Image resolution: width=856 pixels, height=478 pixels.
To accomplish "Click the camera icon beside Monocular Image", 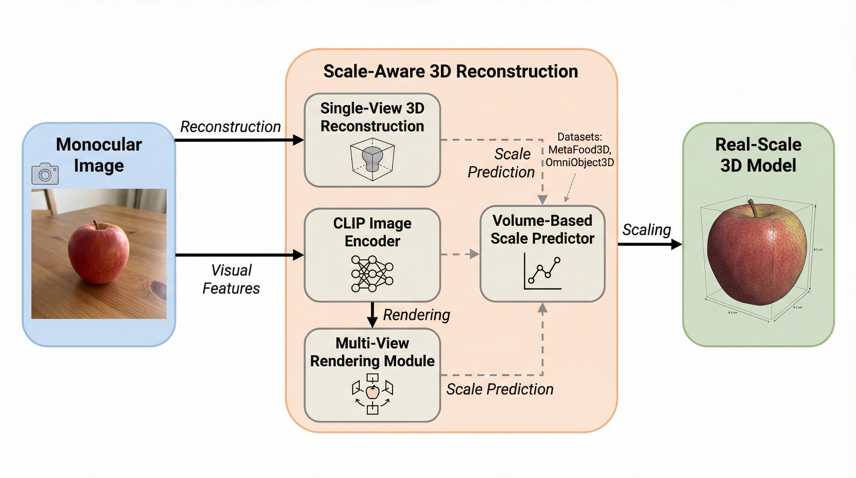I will [x=45, y=174].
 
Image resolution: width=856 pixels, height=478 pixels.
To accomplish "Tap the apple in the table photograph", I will [x=99, y=253].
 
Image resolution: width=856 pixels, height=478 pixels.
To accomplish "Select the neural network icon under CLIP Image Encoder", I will [x=372, y=274].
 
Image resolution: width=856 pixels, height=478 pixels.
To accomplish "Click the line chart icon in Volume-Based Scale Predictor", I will [x=543, y=271].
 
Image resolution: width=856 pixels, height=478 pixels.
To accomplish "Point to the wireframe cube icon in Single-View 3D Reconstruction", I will [x=372, y=160].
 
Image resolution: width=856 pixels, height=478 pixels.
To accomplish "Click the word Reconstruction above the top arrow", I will [x=230, y=127].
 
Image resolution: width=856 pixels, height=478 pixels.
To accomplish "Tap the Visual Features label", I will [x=231, y=279].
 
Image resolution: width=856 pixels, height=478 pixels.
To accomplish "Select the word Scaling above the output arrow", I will [x=647, y=230].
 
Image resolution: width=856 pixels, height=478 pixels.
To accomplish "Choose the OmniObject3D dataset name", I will [x=579, y=162].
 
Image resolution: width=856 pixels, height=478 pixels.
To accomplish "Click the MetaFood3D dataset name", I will [x=579, y=150].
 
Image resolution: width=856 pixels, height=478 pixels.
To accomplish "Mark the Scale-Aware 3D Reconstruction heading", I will [x=451, y=72].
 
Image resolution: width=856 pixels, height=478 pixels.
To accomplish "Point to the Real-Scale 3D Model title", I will [x=758, y=155].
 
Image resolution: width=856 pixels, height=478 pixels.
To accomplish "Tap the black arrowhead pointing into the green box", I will [x=677, y=245].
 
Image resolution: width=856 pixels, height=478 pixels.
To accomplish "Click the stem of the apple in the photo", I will [x=96, y=224].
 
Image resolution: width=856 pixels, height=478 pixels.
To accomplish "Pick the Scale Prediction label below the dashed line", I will [x=500, y=389].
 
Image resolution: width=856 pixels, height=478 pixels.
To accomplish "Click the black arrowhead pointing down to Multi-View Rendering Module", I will [x=372, y=322].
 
